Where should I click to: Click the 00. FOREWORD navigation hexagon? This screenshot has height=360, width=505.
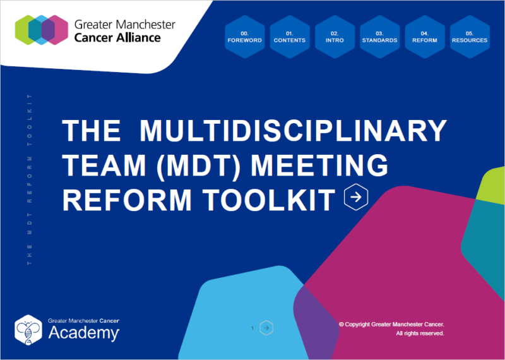pos(244,36)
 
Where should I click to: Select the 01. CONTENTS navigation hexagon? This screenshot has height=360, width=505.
pos(289,36)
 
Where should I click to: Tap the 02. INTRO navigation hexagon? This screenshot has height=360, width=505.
pos(335,36)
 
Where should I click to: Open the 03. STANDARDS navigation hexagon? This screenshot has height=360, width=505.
pos(379,36)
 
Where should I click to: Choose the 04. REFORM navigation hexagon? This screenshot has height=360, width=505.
pos(424,36)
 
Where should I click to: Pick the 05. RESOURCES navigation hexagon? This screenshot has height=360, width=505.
pos(470,36)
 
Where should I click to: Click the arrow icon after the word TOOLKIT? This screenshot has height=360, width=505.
pos(356,197)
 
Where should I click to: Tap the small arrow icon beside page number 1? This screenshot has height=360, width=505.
pos(267,328)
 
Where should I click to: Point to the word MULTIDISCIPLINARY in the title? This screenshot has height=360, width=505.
pos(293,131)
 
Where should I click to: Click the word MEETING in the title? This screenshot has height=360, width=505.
pos(319,165)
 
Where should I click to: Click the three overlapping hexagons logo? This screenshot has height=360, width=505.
pos(41,30)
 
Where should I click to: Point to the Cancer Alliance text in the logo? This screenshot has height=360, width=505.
pos(117,37)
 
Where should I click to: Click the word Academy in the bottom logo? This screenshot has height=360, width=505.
pos(84,333)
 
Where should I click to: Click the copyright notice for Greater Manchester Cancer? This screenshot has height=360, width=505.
pos(391,324)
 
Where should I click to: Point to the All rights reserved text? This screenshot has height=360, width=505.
pos(420,333)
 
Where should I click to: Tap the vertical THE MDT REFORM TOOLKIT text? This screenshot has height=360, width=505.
pos(30,179)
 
